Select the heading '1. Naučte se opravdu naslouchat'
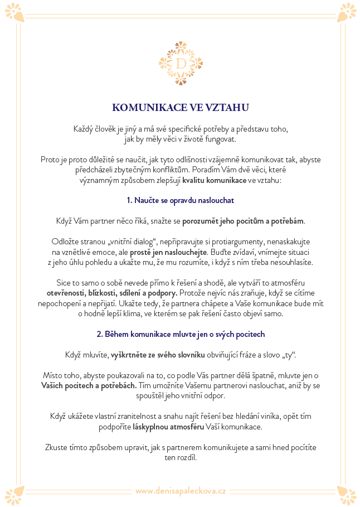point(180,200)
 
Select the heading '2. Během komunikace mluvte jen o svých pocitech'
point(180,334)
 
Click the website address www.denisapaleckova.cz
point(180,491)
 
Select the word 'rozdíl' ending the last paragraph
point(186,457)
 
